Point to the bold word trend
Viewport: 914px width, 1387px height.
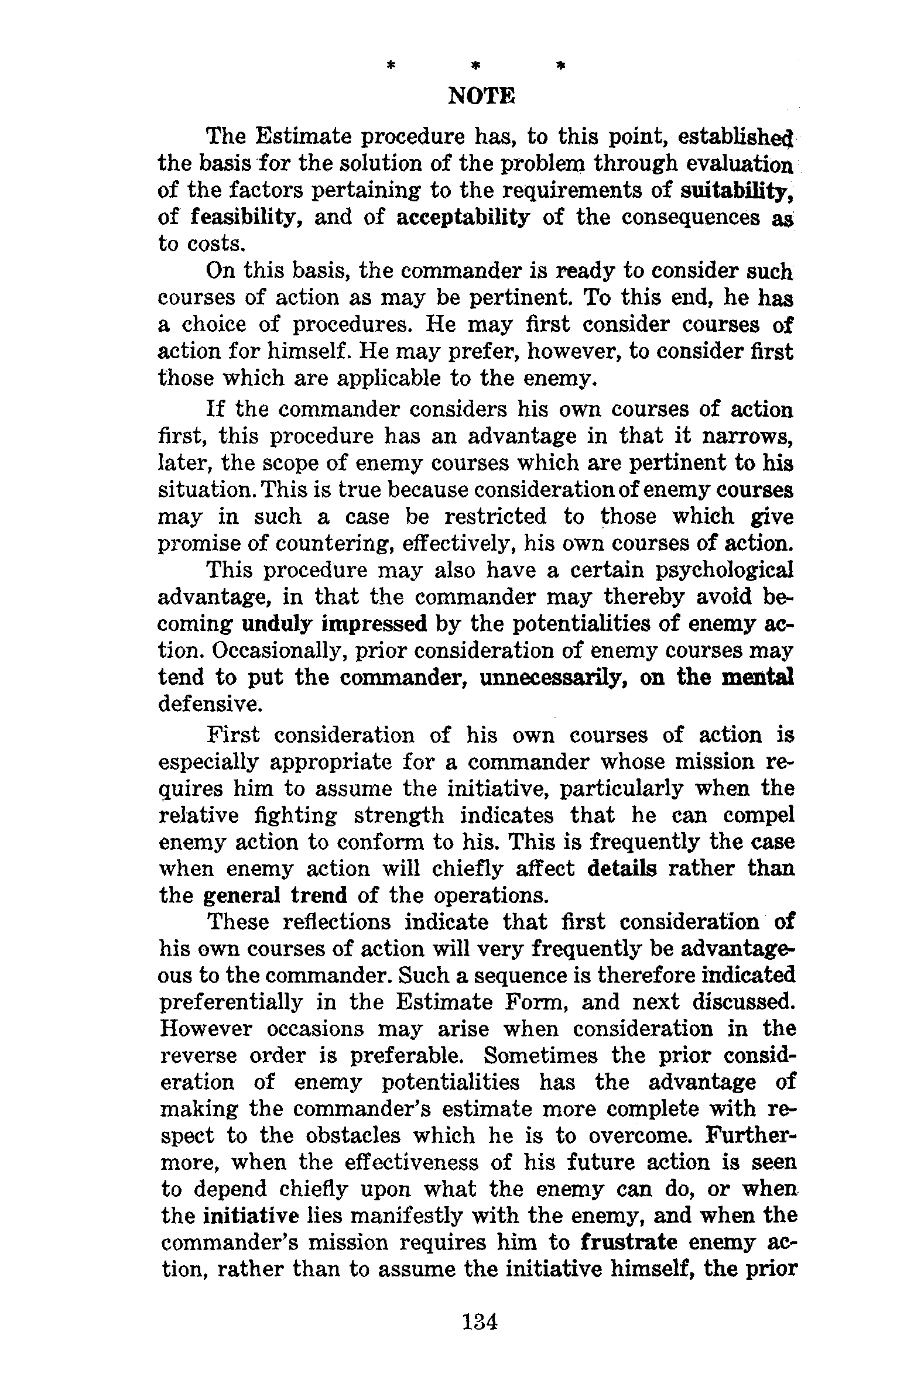pos(319,895)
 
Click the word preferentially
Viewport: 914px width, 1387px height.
pos(231,1003)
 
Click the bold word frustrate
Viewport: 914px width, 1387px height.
pos(629,1243)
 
